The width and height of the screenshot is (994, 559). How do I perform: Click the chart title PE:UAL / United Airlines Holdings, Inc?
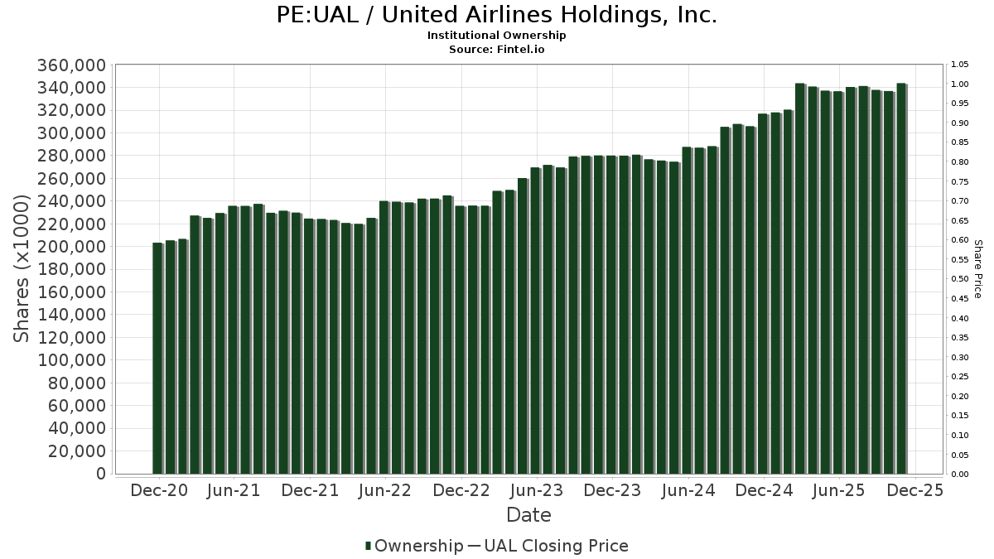pyautogui.click(x=496, y=15)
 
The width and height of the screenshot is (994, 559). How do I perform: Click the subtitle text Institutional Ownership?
pyautogui.click(x=496, y=36)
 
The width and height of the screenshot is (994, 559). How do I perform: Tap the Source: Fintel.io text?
pyautogui.click(x=496, y=49)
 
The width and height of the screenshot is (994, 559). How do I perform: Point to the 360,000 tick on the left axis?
pyautogui.click(x=70, y=65)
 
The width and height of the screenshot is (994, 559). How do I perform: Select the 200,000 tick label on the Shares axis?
pyautogui.click(x=70, y=247)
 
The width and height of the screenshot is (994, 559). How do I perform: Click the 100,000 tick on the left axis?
pyautogui.click(x=70, y=360)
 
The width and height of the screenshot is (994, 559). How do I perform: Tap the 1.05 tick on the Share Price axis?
pyautogui.click(x=959, y=65)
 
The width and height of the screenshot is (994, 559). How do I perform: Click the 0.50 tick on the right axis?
pyautogui.click(x=959, y=279)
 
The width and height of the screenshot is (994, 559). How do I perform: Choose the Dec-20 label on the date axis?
pyautogui.click(x=159, y=491)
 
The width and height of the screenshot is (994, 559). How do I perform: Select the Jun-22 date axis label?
pyautogui.click(x=385, y=491)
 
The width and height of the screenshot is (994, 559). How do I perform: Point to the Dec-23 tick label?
pyautogui.click(x=612, y=491)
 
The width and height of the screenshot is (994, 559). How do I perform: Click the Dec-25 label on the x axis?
pyautogui.click(x=914, y=491)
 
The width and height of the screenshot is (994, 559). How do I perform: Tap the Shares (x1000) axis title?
pyautogui.click(x=22, y=269)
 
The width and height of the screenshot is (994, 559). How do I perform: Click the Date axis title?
pyautogui.click(x=528, y=515)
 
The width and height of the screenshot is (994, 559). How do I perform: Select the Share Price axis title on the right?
pyautogui.click(x=977, y=269)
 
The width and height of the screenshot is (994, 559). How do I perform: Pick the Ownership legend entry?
pyautogui.click(x=414, y=546)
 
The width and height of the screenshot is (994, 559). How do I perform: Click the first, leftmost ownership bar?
pyautogui.click(x=157, y=358)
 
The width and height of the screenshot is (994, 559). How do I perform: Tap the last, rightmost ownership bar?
pyautogui.click(x=901, y=278)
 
